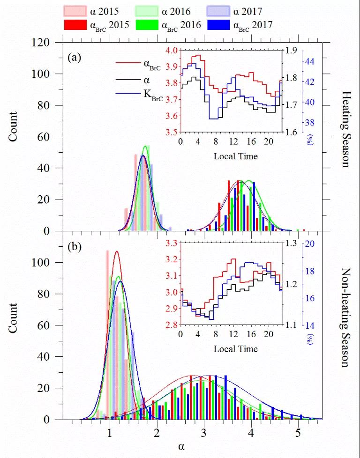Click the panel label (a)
click(75, 58)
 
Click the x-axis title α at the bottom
click(181, 446)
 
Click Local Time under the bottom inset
click(235, 349)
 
